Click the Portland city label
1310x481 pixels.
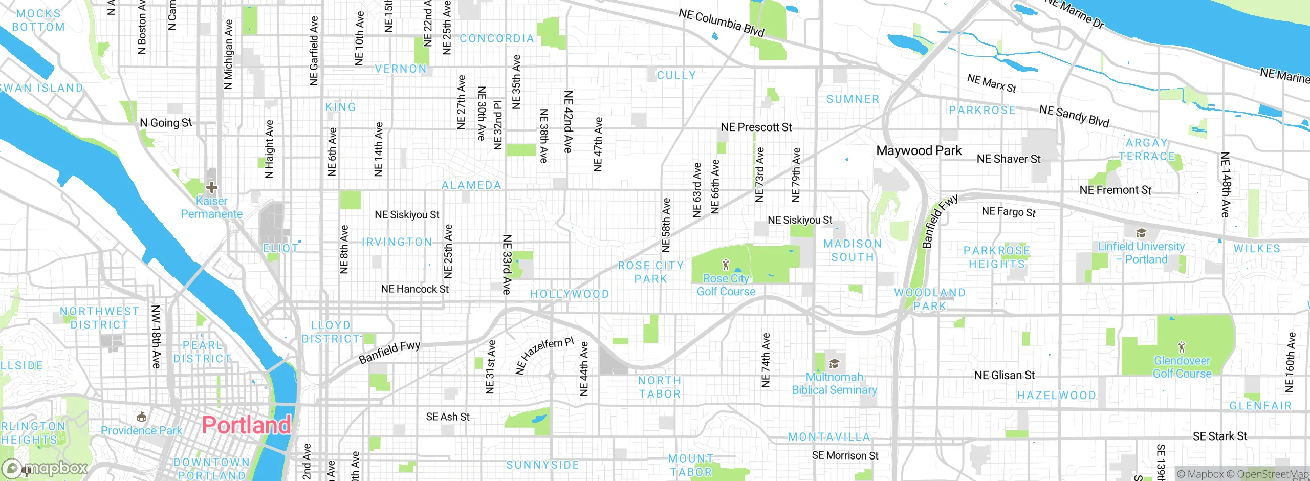[246, 425]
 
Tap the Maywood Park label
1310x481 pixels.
[919, 150]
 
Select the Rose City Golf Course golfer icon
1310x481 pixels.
[725, 265]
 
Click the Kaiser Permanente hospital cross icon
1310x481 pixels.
[211, 187]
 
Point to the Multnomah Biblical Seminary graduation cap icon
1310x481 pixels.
[834, 364]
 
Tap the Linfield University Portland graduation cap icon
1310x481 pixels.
[1141, 234]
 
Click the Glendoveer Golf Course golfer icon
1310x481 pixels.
[1181, 347]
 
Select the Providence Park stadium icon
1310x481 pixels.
[142, 417]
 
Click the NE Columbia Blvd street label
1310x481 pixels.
[721, 23]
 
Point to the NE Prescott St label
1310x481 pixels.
[756, 127]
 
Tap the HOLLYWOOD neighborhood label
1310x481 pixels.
[570, 294]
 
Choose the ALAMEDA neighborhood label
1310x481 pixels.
[471, 185]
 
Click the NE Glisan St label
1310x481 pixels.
[1004, 376]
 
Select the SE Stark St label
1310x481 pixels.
[1219, 436]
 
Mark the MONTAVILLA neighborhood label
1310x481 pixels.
[829, 437]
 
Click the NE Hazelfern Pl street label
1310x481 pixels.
[544, 356]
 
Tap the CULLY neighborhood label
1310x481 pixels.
[676, 76]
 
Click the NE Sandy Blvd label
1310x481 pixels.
[1074, 116]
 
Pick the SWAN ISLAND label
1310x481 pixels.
[41, 88]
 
